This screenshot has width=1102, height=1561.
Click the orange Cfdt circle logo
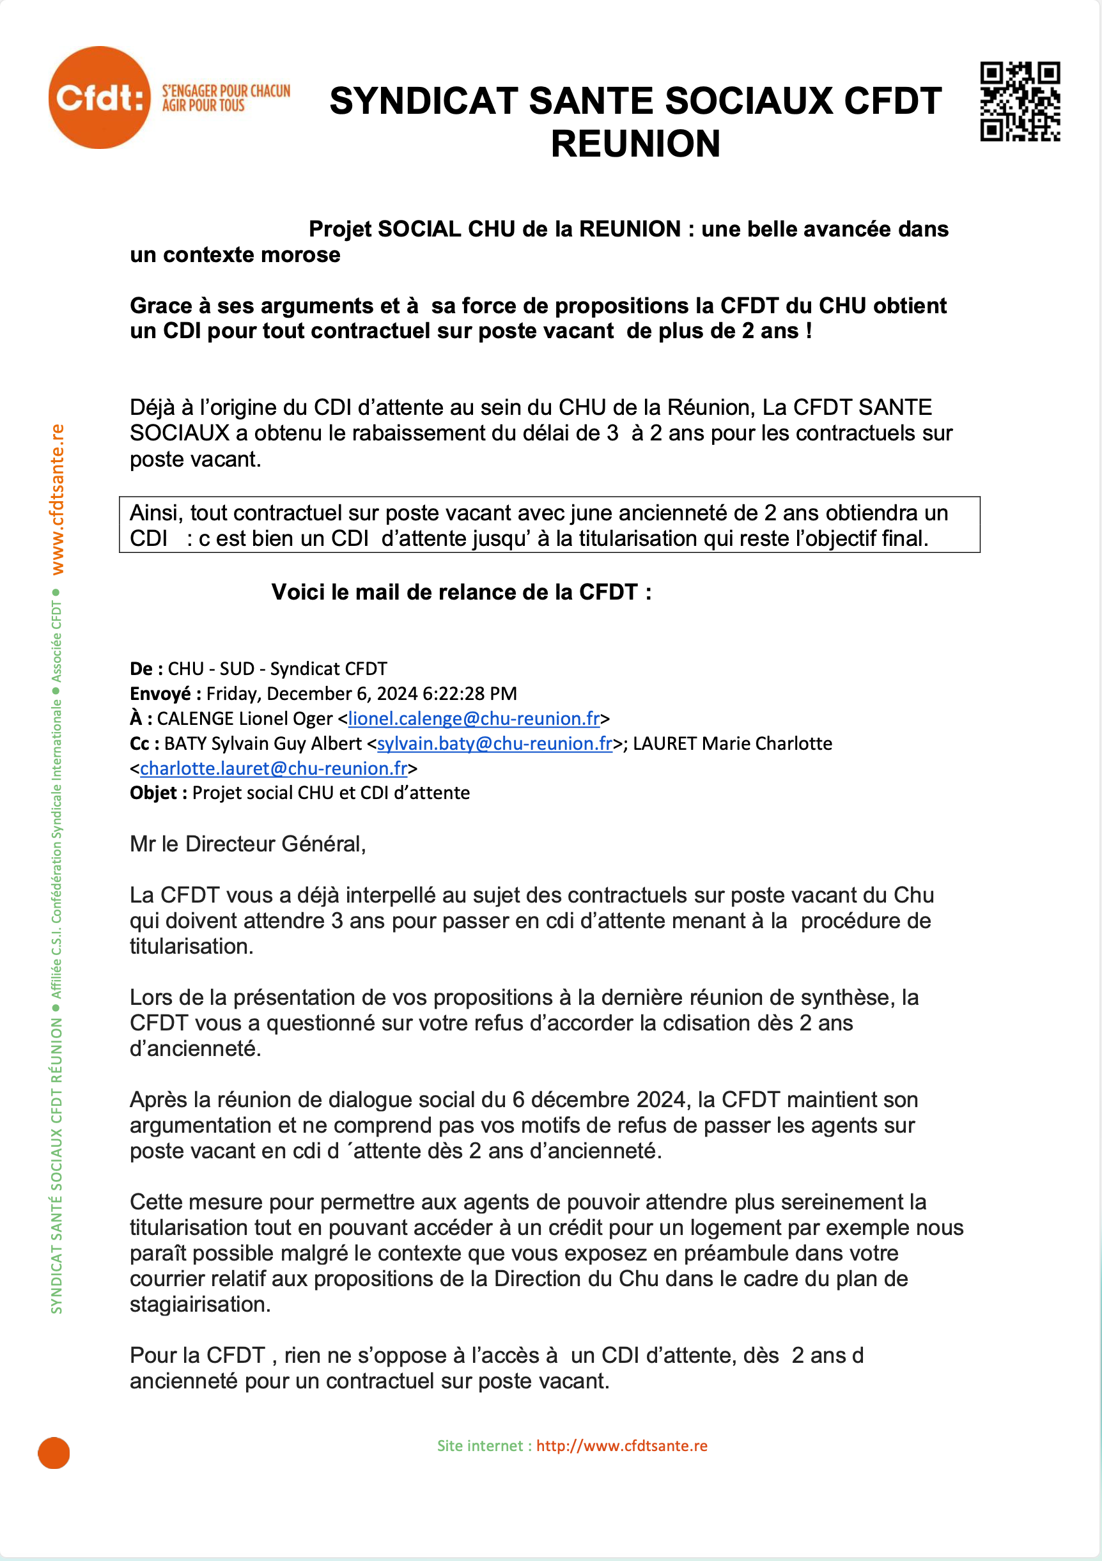(x=99, y=97)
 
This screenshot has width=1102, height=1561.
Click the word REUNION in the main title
(x=635, y=143)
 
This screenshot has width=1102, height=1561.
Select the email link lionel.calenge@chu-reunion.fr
(x=474, y=718)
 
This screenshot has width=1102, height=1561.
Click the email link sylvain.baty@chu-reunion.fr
(x=494, y=743)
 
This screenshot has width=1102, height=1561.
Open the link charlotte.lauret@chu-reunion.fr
(x=274, y=768)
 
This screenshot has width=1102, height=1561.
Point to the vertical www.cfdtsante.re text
(x=58, y=499)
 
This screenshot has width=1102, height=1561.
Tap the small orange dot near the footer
(x=54, y=1453)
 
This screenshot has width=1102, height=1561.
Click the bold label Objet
(x=153, y=793)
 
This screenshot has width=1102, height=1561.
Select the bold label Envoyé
(x=160, y=694)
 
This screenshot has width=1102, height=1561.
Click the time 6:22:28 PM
(x=469, y=694)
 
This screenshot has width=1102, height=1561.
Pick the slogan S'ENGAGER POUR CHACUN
(x=226, y=91)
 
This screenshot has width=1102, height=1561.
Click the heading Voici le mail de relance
(x=461, y=592)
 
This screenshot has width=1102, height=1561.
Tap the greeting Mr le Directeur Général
(x=247, y=844)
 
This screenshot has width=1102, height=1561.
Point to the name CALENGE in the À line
(x=195, y=718)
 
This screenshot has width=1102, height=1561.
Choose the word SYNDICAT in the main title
(x=423, y=101)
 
